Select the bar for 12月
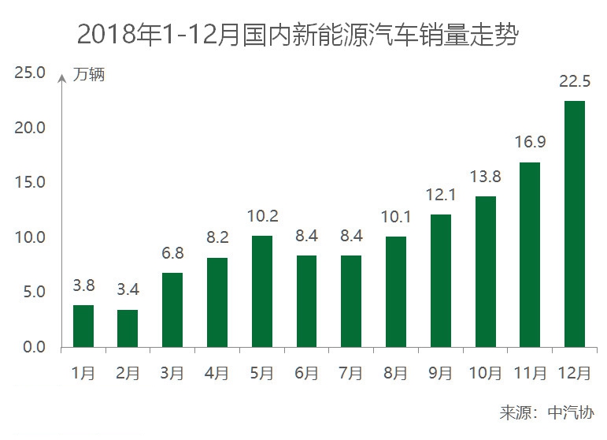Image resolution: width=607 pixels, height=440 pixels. [x=575, y=224]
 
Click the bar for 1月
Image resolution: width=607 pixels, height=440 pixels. [x=83, y=326]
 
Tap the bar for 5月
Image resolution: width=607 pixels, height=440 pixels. [x=262, y=291]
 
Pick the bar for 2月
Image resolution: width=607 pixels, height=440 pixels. [x=128, y=328]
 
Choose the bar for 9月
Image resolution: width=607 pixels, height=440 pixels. [x=441, y=281]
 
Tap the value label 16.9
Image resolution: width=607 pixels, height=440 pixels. [x=530, y=144]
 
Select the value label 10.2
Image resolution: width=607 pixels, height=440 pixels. [x=262, y=217]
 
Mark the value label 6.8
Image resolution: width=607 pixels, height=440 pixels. [x=172, y=255]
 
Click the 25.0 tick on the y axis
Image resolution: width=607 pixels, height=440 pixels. [x=31, y=73]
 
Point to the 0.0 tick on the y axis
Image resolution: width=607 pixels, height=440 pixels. [x=31, y=347]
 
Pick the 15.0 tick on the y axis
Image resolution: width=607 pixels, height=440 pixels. [x=31, y=183]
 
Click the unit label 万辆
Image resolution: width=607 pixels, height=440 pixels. [x=89, y=76]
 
